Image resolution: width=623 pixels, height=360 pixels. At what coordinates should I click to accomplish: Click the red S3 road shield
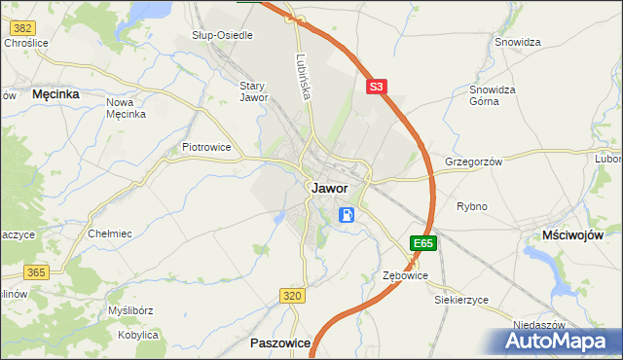point(378,87)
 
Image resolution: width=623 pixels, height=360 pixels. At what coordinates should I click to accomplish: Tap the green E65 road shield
point(422,243)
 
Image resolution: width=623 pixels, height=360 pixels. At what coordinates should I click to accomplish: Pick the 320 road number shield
point(291,295)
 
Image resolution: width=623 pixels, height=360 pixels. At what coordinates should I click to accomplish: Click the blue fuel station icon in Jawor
point(347,214)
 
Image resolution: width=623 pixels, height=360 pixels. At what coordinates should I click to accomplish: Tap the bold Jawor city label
point(331,189)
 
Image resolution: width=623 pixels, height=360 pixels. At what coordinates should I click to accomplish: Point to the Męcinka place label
point(55,94)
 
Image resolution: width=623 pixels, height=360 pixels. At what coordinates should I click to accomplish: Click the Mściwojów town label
point(573,235)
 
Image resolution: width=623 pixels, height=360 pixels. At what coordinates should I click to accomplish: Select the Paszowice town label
point(280,342)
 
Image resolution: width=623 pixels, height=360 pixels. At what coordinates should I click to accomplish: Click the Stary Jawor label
point(253,91)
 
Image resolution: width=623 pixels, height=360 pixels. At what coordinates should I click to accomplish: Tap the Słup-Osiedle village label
point(222,35)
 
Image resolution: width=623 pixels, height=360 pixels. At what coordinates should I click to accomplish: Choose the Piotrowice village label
point(206,147)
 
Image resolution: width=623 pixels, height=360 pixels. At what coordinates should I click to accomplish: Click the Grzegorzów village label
point(473,162)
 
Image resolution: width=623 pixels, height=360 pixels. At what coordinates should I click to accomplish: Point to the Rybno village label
point(472,206)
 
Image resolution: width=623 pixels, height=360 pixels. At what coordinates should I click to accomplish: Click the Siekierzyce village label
point(461,300)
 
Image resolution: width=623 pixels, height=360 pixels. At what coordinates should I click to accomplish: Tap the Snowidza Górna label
point(492,95)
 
